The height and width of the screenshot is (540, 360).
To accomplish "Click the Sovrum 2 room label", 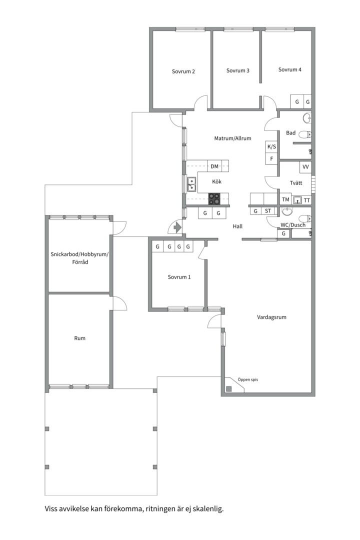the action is click(x=183, y=71).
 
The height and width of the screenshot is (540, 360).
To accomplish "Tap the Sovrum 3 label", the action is click(x=237, y=70).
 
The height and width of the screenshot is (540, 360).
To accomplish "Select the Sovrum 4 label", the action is click(x=289, y=69).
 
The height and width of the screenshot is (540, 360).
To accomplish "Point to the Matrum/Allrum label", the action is click(x=232, y=138).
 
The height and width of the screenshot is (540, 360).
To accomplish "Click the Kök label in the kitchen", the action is click(x=216, y=181).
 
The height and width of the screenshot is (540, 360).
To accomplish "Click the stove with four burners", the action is click(x=214, y=198).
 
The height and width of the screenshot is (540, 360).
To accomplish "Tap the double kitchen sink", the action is click(x=191, y=184).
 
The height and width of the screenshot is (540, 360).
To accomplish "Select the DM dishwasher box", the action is click(x=214, y=166).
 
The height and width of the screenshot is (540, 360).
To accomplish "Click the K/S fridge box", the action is click(x=271, y=146).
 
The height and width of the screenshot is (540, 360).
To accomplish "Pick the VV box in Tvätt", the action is click(x=305, y=167).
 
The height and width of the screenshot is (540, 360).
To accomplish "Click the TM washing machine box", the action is click(x=285, y=199).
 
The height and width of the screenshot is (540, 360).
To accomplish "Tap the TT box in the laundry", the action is click(x=306, y=200).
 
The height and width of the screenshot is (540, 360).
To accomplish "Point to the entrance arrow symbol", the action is click(x=177, y=227).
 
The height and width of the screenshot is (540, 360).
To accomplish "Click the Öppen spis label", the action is click(x=247, y=379).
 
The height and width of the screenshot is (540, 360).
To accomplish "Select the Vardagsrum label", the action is click(x=271, y=317).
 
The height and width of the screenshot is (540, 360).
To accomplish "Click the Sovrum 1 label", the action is click(x=179, y=277).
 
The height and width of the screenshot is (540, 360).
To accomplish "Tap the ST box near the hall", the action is click(x=267, y=211).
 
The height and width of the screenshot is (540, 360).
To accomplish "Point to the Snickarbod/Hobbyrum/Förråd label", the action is click(x=79, y=258).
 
